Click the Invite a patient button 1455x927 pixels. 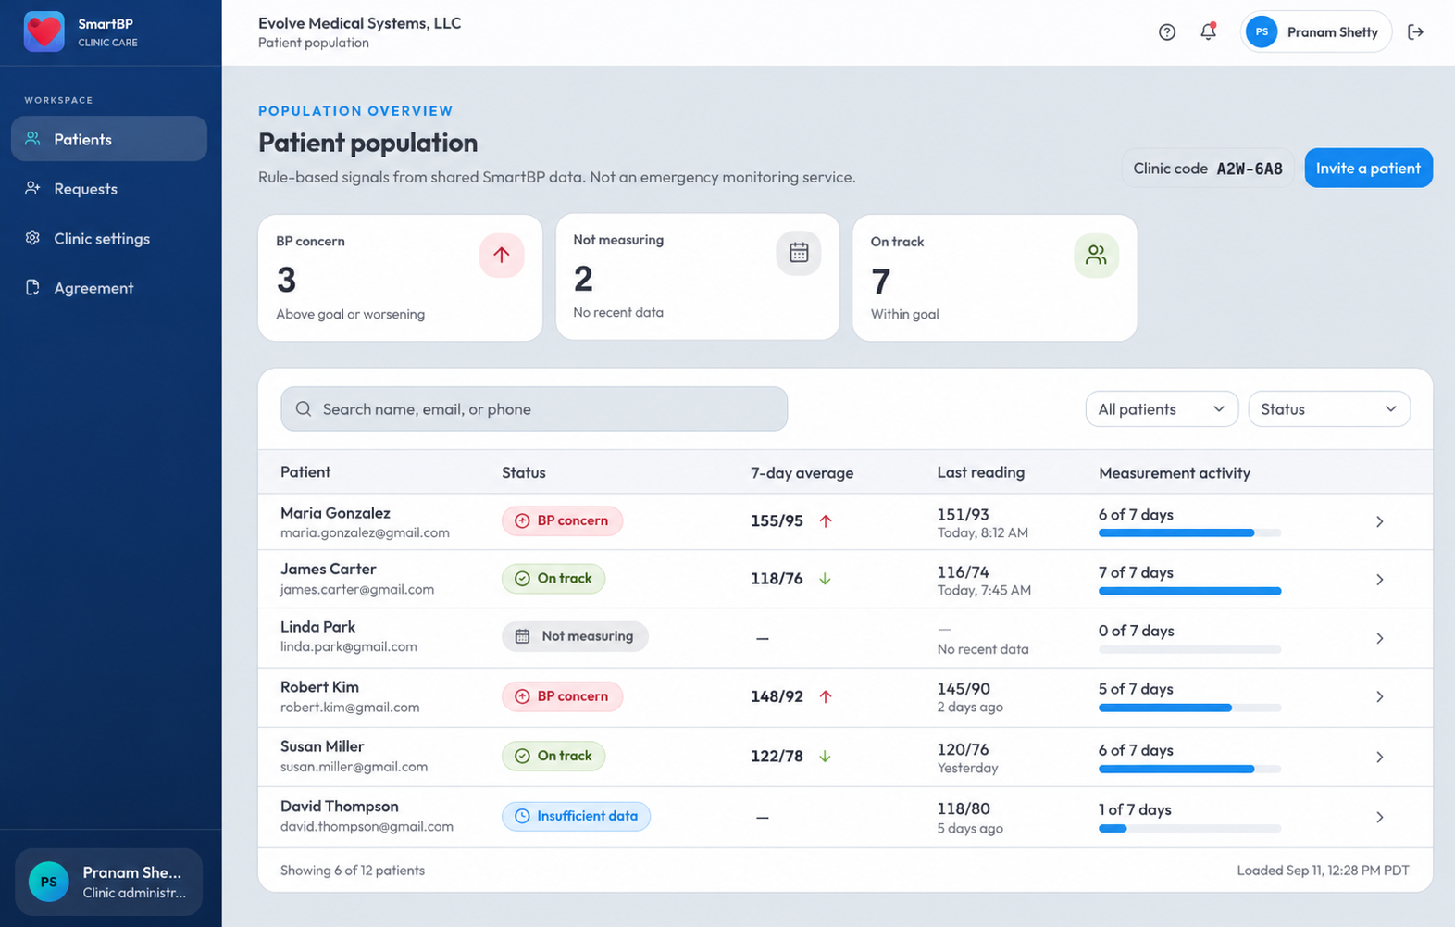point(1368,168)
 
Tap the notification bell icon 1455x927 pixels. point(1208,31)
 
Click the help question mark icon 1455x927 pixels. point(1166,31)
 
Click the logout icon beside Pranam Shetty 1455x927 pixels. point(1415,31)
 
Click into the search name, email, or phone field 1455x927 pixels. point(534,409)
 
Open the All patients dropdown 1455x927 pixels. point(1162,409)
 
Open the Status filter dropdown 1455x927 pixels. point(1329,409)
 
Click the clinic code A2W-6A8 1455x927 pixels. point(1250,169)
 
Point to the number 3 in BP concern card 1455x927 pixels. point(286,280)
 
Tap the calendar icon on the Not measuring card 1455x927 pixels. point(798,252)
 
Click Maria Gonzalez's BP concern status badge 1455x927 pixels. point(562,520)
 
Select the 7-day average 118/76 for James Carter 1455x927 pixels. point(777,579)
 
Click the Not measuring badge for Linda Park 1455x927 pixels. point(575,636)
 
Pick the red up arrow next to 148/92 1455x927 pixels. point(826,696)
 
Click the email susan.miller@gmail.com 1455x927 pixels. point(354,767)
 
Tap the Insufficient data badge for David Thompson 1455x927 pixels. point(576,816)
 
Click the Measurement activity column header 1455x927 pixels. point(1175,472)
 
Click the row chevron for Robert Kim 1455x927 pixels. point(1380,697)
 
